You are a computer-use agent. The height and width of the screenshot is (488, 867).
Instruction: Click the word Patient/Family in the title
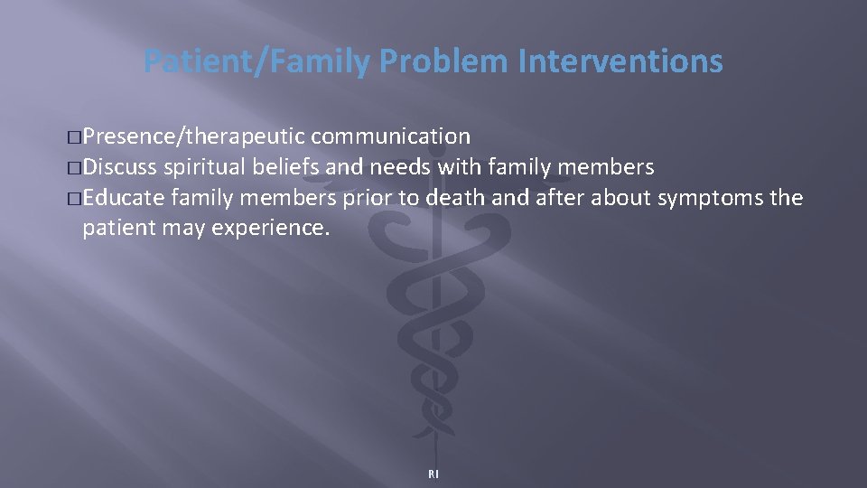[257, 62]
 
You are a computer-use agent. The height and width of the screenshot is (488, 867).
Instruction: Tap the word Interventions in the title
[621, 62]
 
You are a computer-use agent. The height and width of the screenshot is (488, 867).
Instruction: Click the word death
[432, 198]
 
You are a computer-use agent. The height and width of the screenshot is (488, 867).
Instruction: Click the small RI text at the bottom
[433, 474]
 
